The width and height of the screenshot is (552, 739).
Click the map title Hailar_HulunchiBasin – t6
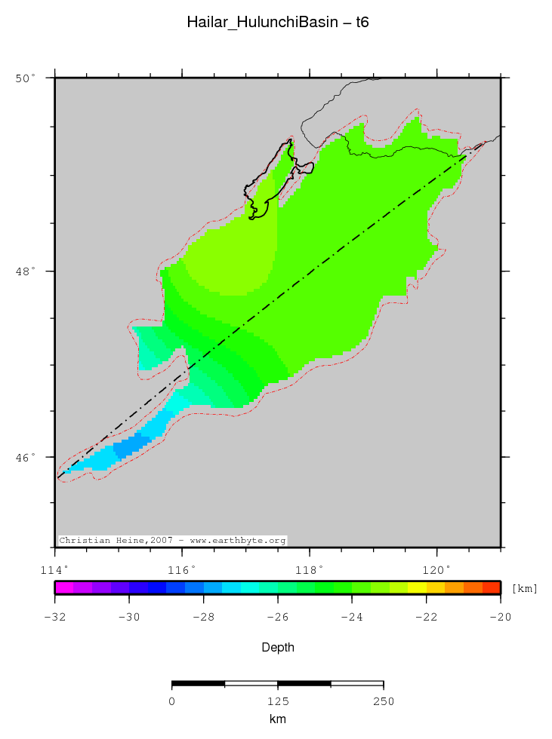click(x=277, y=23)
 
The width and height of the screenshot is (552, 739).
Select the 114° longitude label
click(x=56, y=569)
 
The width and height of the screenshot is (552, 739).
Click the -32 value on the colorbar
click(x=54, y=617)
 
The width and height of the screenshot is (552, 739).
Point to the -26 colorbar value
click(x=278, y=617)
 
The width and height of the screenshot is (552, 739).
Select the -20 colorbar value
click(x=501, y=617)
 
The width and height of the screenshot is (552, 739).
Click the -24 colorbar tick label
click(x=352, y=617)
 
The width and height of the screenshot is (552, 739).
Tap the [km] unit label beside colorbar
click(x=525, y=588)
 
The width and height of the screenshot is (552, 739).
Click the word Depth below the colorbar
click(x=277, y=648)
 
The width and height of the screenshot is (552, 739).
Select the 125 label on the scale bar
click(x=278, y=701)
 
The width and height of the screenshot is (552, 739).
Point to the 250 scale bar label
click(x=384, y=701)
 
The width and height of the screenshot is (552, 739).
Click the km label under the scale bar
click(x=277, y=719)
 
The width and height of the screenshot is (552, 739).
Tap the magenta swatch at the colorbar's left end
click(x=64, y=587)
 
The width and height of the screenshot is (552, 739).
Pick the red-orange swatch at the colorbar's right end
click(x=492, y=587)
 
